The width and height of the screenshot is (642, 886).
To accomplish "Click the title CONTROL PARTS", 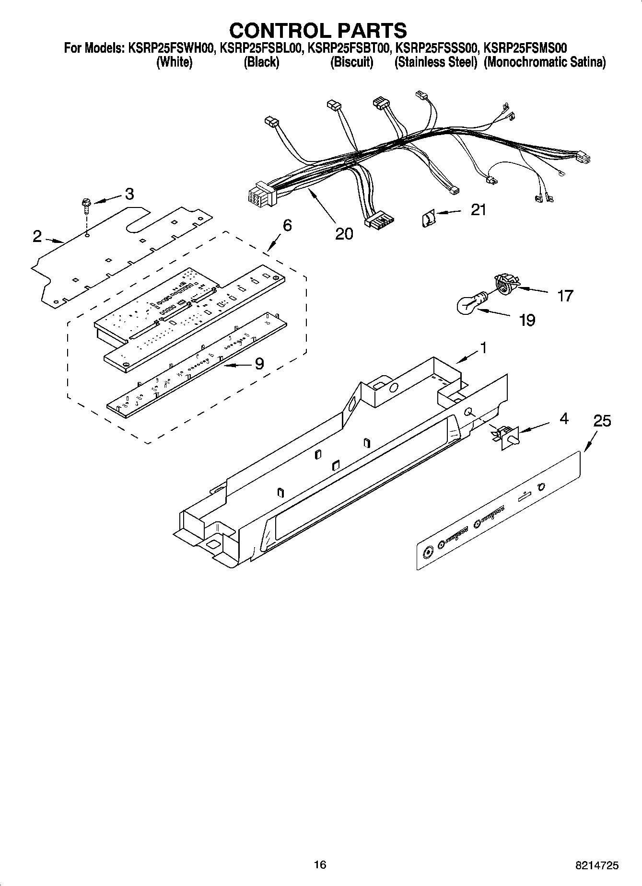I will tap(318, 30).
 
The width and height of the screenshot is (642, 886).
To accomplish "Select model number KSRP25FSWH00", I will tap(171, 48).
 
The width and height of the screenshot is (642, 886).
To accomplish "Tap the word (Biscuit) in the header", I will tap(351, 62).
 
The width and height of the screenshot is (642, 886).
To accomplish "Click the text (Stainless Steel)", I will tap(435, 62).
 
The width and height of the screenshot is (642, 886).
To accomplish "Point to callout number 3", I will tap(129, 194).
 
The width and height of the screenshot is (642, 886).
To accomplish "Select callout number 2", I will tap(37, 236).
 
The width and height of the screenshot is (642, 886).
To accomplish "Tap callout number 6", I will tap(287, 225).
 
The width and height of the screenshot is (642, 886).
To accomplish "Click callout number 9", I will tap(259, 364).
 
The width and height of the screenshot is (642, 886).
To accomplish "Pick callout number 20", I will tap(344, 233).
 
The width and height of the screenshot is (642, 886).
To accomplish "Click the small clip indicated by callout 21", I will tap(427, 219).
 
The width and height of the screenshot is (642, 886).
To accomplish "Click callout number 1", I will tap(483, 347).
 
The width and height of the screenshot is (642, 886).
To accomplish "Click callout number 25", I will tap(602, 421).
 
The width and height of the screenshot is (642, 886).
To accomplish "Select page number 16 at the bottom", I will tap(320, 864).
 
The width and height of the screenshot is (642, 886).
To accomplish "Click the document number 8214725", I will tap(596, 865).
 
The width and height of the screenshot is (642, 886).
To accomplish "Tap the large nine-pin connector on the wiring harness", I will tap(258, 194).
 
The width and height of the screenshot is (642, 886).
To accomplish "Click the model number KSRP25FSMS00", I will tap(525, 48).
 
